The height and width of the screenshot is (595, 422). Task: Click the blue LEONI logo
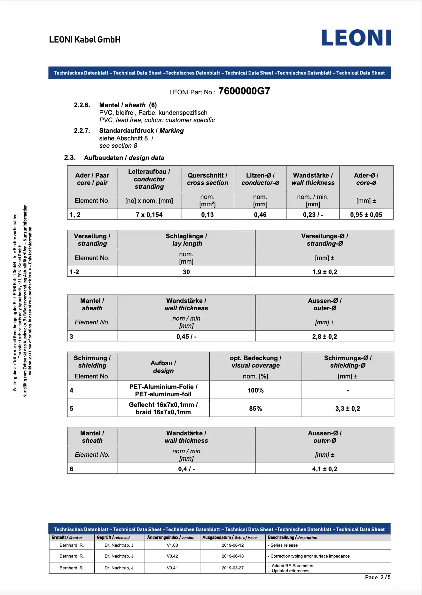click(356, 38)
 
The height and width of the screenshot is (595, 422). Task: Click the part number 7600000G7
click(244, 91)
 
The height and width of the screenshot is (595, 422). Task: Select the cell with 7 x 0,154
click(149, 215)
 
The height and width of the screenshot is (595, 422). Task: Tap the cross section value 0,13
click(207, 215)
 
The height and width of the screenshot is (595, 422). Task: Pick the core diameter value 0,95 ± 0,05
click(366, 215)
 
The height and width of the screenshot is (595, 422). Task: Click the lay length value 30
click(186, 272)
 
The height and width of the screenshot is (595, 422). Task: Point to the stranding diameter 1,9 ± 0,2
click(324, 272)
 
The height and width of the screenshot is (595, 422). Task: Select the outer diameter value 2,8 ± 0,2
click(324, 337)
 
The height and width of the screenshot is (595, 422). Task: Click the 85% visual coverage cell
click(255, 409)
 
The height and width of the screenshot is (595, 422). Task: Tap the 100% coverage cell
click(255, 390)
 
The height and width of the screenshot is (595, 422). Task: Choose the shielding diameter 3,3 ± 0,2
click(348, 409)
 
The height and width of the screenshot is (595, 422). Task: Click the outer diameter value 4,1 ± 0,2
click(324, 469)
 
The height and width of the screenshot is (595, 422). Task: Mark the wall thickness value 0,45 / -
click(186, 337)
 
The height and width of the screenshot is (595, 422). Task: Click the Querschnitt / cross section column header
click(207, 179)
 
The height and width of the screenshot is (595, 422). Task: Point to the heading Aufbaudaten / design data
click(124, 158)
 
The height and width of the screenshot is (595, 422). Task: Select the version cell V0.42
click(172, 556)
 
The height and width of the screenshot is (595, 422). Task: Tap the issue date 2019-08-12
click(232, 545)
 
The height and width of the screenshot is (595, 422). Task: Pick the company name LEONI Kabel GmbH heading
click(85, 40)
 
